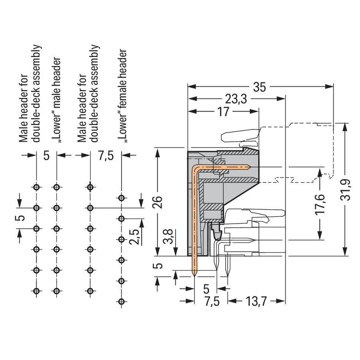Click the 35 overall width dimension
pyautogui.click(x=260, y=87)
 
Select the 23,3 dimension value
pyautogui.click(x=236, y=99)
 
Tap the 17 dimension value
pyautogui.click(x=223, y=112)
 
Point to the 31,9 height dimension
pyautogui.click(x=346, y=189)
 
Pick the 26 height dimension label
pyautogui.click(x=158, y=202)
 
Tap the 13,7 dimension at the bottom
pyautogui.click(x=256, y=301)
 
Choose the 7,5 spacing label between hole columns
pyautogui.click(x=106, y=156)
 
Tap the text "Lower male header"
pyautogui.click(x=56, y=100)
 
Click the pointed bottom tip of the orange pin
pyautogui.click(x=194, y=276)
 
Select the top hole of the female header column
pyautogui.click(x=121, y=198)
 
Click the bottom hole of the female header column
pyautogui.click(x=121, y=301)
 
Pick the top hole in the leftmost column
pyautogui.click(x=36, y=187)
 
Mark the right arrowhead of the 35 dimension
pyautogui.click(x=329, y=87)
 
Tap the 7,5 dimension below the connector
pyautogui.click(x=212, y=301)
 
